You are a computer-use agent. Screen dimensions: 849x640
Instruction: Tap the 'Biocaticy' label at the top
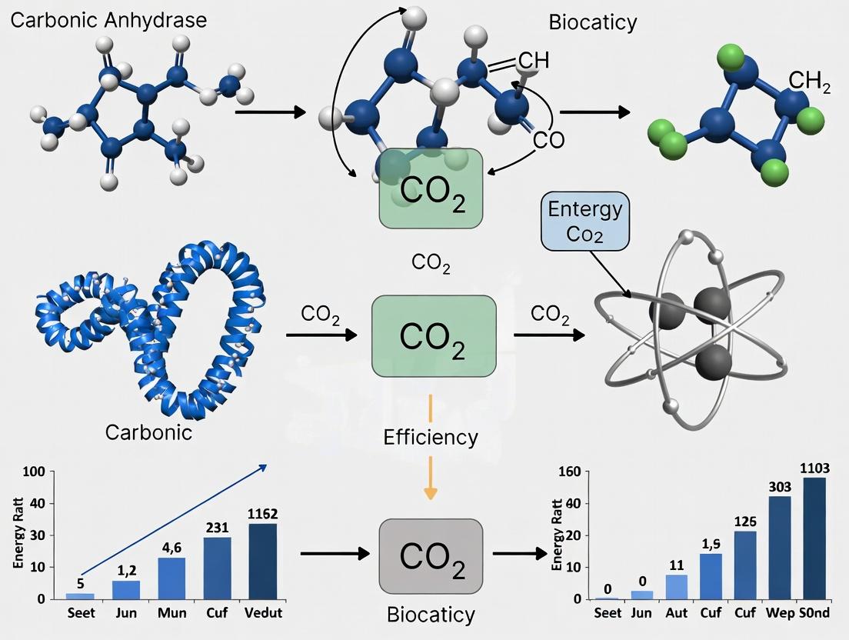[592, 22]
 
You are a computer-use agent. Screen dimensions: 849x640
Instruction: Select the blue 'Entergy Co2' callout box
[585, 222]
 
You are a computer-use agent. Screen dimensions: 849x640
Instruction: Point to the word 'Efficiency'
[431, 438]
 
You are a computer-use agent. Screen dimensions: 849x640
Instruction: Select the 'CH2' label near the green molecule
[809, 82]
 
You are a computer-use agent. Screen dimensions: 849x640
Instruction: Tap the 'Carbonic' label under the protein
[148, 432]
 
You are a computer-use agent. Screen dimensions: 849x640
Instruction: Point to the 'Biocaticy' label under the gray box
[431, 615]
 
